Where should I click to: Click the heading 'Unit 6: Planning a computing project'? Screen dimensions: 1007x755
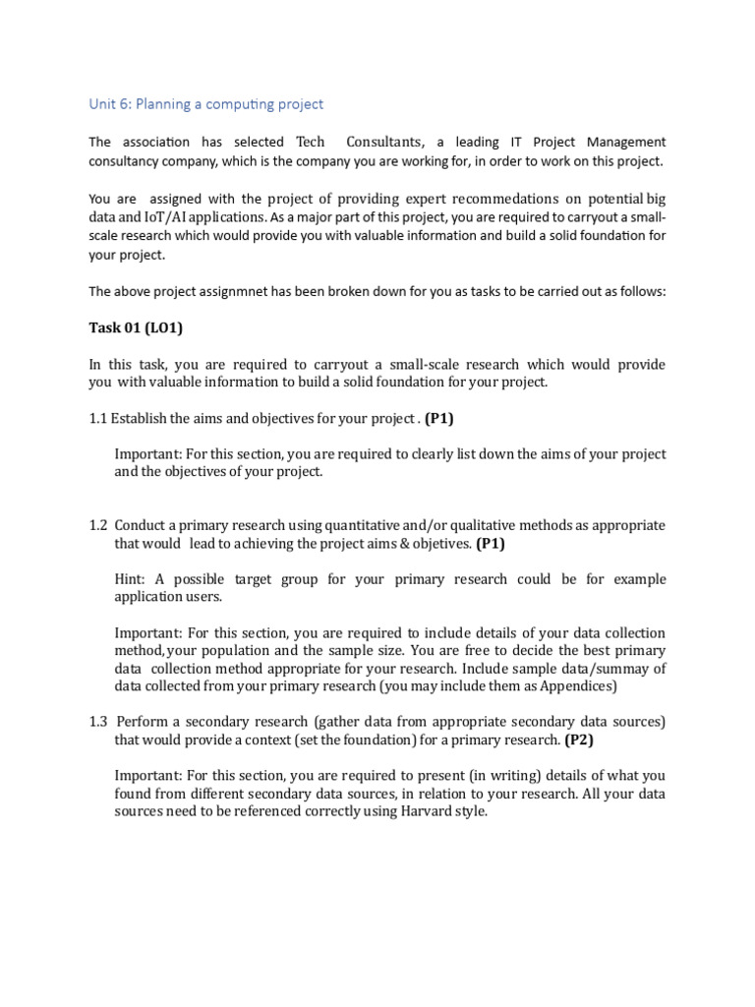205,104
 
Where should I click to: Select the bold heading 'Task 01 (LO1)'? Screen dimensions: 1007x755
139,328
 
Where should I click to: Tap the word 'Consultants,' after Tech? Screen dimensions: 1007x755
386,143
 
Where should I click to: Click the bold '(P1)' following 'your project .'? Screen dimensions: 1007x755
439,419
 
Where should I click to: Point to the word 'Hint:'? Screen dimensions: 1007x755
132,579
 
